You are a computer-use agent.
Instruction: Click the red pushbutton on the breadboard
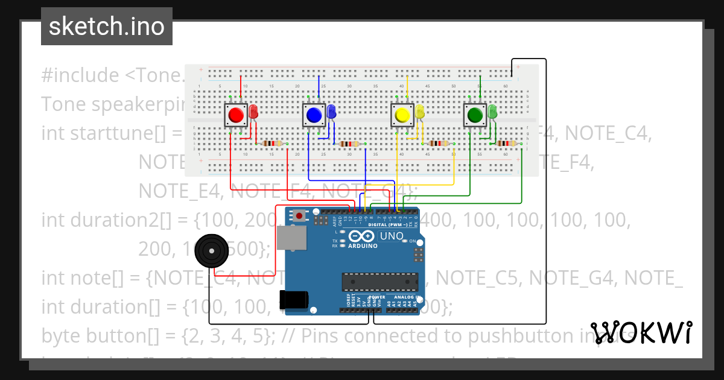[x=236, y=115]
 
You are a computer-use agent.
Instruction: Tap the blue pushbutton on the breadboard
[x=313, y=115]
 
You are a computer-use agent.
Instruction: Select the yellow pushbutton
[x=402, y=115]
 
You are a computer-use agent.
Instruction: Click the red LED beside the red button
[x=253, y=112]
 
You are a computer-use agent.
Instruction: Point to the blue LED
[x=331, y=112]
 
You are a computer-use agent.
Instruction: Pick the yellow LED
[x=420, y=112]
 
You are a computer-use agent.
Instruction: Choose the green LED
[x=492, y=112]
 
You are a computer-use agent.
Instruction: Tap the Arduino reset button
[x=299, y=215]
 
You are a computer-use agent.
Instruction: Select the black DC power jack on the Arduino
[x=294, y=300]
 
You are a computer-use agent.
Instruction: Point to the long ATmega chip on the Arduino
[x=379, y=282]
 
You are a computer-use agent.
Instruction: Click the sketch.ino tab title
[x=106, y=27]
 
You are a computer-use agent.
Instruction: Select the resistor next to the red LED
[x=273, y=144]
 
